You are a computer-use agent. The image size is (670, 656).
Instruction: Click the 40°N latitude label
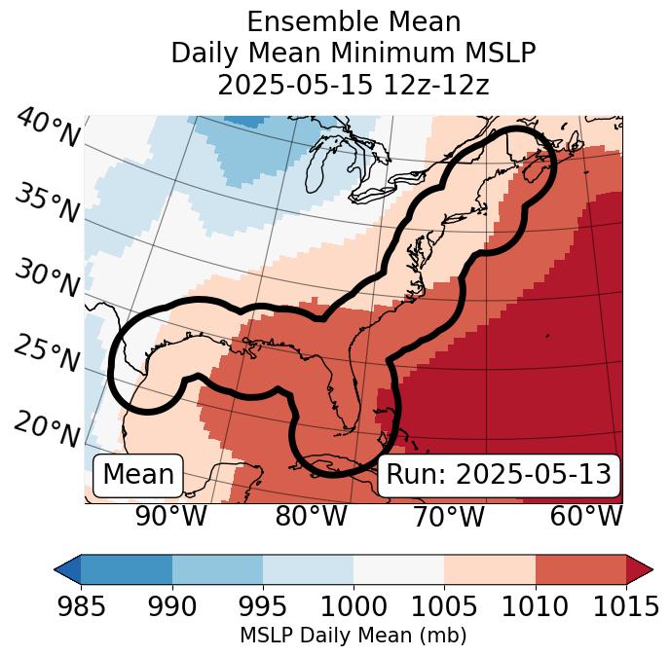coord(47,128)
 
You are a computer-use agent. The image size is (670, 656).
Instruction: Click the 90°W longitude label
coord(170,517)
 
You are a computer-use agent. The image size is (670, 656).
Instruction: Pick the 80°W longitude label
coord(311,517)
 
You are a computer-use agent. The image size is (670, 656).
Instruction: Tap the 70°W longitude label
coord(448,517)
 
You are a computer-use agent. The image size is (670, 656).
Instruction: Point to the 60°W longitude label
coord(585,517)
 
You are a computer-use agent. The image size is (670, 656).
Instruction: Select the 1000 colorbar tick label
coord(354,606)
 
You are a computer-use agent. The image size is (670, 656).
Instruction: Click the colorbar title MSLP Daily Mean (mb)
coord(353,636)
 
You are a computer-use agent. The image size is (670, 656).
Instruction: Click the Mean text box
coord(138,475)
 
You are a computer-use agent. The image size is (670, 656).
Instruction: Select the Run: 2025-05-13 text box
coord(499,475)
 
